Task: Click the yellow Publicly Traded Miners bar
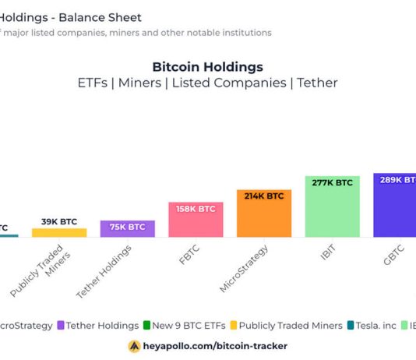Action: (59, 232)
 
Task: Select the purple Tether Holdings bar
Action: (127, 228)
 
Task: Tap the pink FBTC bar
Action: (196, 220)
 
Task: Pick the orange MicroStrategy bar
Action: (264, 214)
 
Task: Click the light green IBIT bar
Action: (332, 206)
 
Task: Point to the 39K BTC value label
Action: (59, 222)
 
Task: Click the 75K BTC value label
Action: (127, 227)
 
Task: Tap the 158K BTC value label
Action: (196, 209)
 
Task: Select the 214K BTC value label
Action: (264, 196)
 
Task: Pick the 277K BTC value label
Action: (332, 182)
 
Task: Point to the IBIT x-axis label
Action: (327, 256)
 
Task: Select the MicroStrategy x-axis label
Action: (245, 269)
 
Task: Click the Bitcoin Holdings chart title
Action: (207, 67)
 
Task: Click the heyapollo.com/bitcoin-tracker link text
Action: (215, 345)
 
